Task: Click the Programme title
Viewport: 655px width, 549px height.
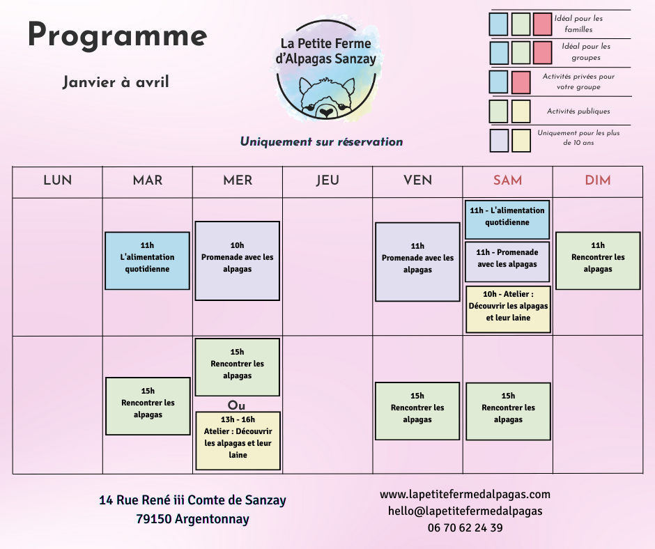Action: coord(117,36)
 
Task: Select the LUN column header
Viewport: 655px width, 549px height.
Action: coord(57,180)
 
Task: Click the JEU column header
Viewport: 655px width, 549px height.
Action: coord(327,180)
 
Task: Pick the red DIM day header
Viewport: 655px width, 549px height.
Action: coord(597,180)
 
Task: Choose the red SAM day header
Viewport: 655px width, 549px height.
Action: coord(507,180)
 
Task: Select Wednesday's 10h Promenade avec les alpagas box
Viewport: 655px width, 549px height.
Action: coord(237,261)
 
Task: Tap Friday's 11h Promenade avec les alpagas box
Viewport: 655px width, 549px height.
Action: coord(417,261)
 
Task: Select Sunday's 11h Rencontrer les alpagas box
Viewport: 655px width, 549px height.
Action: coord(598,261)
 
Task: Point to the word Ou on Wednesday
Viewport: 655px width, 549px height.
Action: coord(237,405)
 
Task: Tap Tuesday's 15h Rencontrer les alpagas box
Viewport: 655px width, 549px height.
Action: coord(148,406)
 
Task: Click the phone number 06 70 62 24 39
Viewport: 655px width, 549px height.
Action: coord(465,527)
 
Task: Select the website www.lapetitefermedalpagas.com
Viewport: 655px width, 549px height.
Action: coord(465,494)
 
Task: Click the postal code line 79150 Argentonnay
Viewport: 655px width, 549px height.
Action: coord(192,519)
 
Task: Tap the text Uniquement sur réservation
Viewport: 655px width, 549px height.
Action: coord(321,141)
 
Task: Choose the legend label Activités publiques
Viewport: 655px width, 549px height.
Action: coord(578,111)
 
